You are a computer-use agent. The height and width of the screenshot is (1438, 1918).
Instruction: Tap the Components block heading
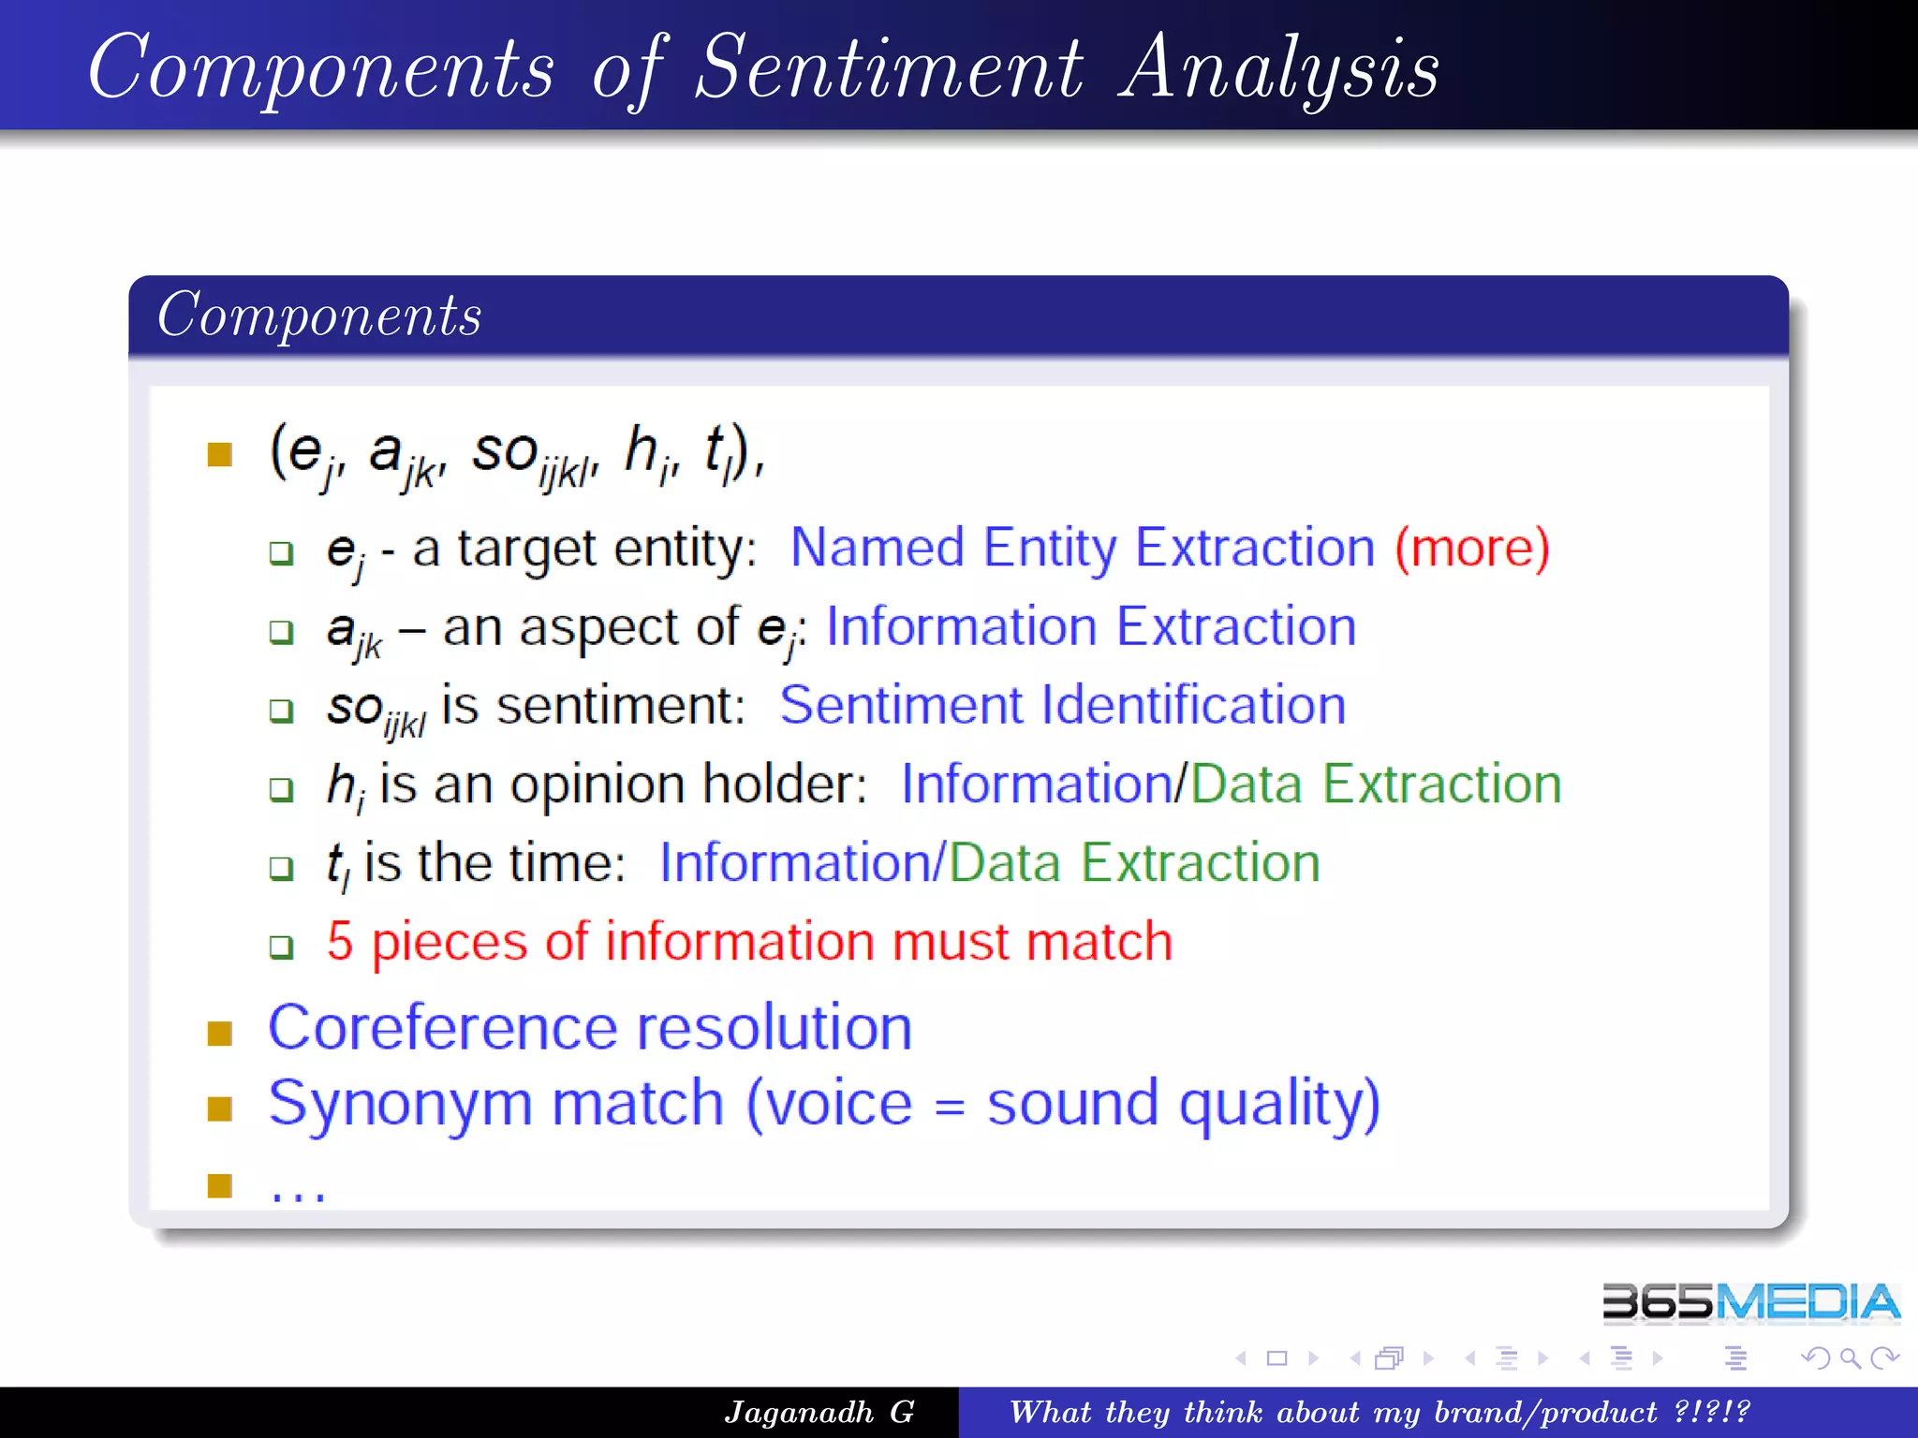pyautogui.click(x=319, y=315)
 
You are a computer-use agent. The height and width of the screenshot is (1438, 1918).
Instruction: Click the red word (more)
pyautogui.click(x=1472, y=548)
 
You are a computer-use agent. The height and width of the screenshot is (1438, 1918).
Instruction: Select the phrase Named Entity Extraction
pyautogui.click(x=1082, y=548)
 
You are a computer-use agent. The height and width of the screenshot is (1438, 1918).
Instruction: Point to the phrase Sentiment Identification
pyautogui.click(x=1062, y=705)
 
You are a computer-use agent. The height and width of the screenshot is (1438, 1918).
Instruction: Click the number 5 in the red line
pyautogui.click(x=340, y=941)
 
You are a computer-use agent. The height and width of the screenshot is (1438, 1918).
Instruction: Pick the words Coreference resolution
pyautogui.click(x=590, y=1028)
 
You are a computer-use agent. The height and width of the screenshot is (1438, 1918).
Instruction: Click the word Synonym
pyautogui.click(x=401, y=1105)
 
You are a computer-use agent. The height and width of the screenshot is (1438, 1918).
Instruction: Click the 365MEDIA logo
pyautogui.click(x=1749, y=1302)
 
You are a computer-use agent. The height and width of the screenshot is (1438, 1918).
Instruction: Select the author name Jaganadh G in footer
pyautogui.click(x=819, y=1412)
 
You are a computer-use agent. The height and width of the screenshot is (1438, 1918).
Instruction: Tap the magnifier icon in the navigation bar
pyautogui.click(x=1850, y=1357)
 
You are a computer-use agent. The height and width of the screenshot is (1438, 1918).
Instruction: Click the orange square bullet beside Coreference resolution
pyautogui.click(x=220, y=1033)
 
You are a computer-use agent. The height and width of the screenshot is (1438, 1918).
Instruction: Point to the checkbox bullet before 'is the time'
pyautogui.click(x=281, y=867)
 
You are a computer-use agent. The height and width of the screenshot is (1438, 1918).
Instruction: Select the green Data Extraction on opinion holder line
pyautogui.click(x=1376, y=784)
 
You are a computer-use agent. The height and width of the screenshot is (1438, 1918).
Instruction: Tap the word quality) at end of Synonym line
pyautogui.click(x=1279, y=1105)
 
